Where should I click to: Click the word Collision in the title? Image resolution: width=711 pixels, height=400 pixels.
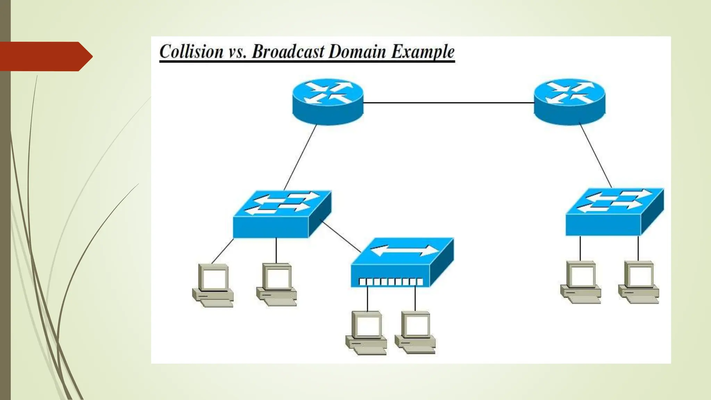click(191, 52)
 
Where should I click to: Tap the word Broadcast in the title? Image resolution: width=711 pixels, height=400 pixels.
click(288, 52)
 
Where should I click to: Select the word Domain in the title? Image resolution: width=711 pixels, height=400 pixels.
click(357, 52)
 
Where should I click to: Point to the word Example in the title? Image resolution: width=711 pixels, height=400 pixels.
click(423, 52)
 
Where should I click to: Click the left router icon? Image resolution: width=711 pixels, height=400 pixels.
click(328, 101)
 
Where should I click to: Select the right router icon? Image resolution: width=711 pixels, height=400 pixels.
click(569, 101)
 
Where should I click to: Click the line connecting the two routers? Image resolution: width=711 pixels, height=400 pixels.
click(448, 103)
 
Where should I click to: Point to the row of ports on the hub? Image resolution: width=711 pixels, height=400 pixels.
click(391, 282)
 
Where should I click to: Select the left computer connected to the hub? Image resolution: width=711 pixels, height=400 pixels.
click(367, 333)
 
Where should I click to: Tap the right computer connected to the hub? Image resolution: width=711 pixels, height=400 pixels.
click(416, 333)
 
